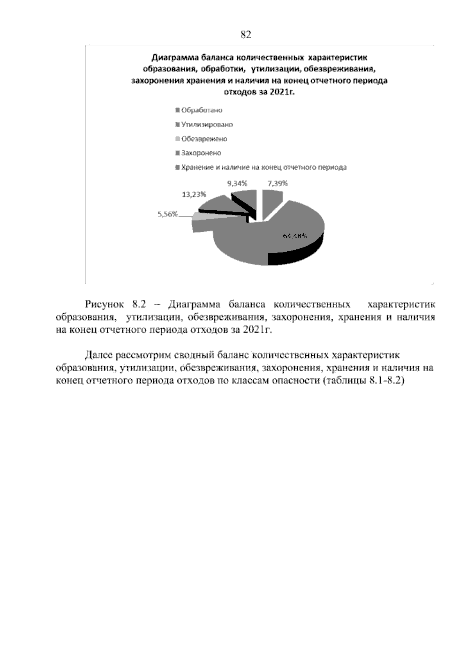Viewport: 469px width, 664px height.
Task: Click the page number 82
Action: (246, 35)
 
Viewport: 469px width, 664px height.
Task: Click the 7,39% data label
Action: (277, 183)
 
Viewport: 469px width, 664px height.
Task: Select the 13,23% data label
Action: (194, 194)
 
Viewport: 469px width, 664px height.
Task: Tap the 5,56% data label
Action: (168, 214)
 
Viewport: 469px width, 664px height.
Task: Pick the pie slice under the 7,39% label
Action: (272, 199)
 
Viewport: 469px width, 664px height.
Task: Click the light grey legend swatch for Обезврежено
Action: (178, 139)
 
